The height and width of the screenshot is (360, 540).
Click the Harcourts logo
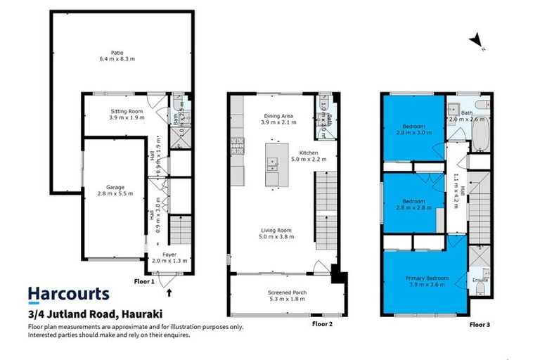(x=68, y=294)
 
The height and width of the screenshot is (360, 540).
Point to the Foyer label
(x=169, y=255)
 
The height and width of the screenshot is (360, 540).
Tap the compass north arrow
(x=477, y=41)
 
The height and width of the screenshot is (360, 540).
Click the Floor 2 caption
(x=321, y=326)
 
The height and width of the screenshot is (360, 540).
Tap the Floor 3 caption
(x=481, y=326)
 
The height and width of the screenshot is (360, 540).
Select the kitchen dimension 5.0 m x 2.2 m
(x=309, y=159)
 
